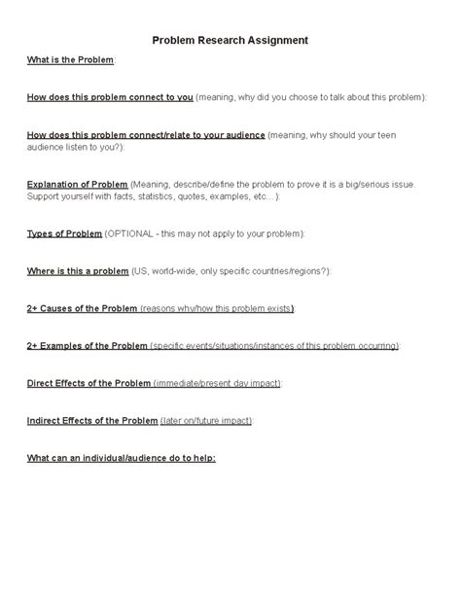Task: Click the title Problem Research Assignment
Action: [x=230, y=41]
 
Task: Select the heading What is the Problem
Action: [x=71, y=60]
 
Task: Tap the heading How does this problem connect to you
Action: [x=110, y=98]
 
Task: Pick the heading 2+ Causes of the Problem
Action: [x=82, y=308]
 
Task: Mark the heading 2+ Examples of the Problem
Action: [x=88, y=346]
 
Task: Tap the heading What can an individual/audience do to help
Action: [x=122, y=458]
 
